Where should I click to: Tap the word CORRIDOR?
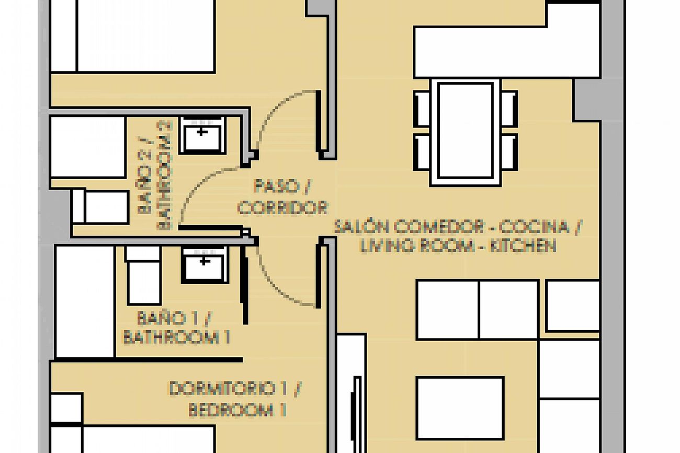[x=282, y=207]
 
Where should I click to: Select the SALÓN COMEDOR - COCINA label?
[x=452, y=227]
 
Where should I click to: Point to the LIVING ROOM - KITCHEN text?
[x=458, y=246]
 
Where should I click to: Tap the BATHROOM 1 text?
[x=176, y=337]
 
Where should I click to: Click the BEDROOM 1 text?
[x=237, y=410]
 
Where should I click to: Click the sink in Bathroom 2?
[x=202, y=135]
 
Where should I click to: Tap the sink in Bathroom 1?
[x=205, y=265]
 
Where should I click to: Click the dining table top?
[x=466, y=131]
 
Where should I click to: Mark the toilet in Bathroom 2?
[x=100, y=207]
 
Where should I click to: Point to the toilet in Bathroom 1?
[x=143, y=275]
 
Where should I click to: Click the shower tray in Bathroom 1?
[x=85, y=301]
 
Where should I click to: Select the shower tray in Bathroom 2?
[x=88, y=147]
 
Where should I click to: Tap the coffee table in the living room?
[x=460, y=408]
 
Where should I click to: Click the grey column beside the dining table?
[x=586, y=100]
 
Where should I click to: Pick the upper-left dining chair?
[x=422, y=109]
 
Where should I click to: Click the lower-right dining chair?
[x=509, y=152]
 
